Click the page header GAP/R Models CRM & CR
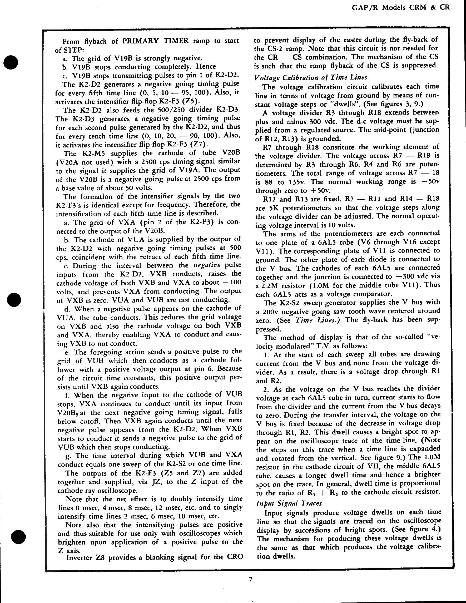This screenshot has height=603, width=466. (x=401, y=7)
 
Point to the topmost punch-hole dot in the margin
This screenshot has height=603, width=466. (x=11, y=62)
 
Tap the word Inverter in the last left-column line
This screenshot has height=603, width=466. (x=80, y=557)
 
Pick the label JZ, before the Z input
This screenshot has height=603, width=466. (x=158, y=482)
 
